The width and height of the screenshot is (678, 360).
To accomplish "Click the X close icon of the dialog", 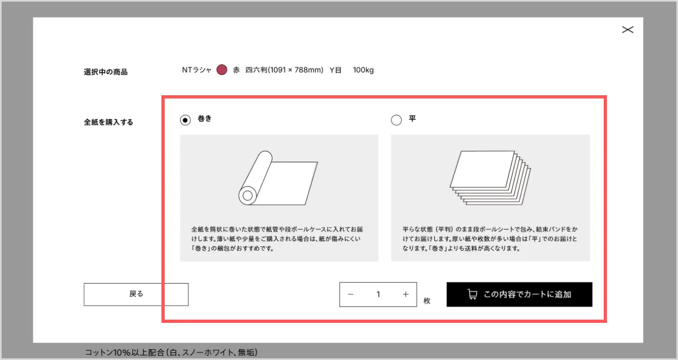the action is pyautogui.click(x=628, y=30).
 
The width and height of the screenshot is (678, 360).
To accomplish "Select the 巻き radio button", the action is pyautogui.click(x=185, y=120).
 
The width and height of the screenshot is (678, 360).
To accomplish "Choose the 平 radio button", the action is pyautogui.click(x=396, y=120).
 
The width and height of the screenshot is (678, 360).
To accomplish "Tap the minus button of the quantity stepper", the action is pyautogui.click(x=350, y=294).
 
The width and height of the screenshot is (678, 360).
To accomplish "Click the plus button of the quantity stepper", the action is pyautogui.click(x=406, y=294).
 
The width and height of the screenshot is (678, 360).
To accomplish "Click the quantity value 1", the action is pyautogui.click(x=378, y=294).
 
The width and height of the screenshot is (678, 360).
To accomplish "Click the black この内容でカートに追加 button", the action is pyautogui.click(x=519, y=294).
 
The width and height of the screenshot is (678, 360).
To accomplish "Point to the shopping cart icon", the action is pyautogui.click(x=472, y=294).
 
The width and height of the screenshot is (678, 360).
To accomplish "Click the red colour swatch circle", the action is pyautogui.click(x=222, y=69).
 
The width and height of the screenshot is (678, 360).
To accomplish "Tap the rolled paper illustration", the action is pyautogui.click(x=278, y=178).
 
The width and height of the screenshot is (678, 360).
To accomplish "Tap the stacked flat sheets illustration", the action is pyautogui.click(x=490, y=178).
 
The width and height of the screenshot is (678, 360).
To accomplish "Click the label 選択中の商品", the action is pyautogui.click(x=105, y=72).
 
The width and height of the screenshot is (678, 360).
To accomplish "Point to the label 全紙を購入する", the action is pyautogui.click(x=108, y=122).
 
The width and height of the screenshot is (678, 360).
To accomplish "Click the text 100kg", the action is pyautogui.click(x=363, y=70).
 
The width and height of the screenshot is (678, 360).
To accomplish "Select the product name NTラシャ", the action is pyautogui.click(x=196, y=70).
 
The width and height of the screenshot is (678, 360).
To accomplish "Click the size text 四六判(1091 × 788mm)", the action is pyautogui.click(x=284, y=70).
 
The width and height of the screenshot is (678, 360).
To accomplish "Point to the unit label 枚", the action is pyautogui.click(x=427, y=301).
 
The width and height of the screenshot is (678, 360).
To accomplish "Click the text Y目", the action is pyautogui.click(x=335, y=70).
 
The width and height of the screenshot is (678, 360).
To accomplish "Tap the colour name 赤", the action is pyautogui.click(x=236, y=70).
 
